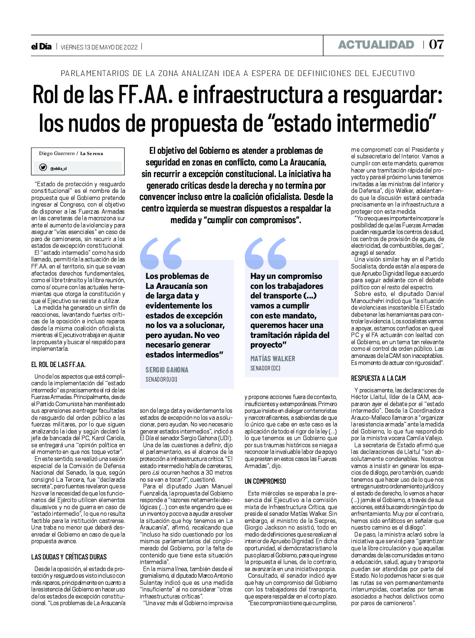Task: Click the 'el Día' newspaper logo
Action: point(41,47)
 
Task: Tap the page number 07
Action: point(436,45)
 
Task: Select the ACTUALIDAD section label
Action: point(376,45)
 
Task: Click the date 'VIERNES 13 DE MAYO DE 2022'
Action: point(99,47)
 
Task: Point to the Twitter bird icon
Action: point(43,168)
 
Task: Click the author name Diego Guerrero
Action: point(56,153)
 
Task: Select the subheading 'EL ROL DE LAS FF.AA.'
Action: point(58,365)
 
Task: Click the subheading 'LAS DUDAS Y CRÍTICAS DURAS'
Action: point(69,557)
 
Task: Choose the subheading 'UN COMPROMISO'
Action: point(265,481)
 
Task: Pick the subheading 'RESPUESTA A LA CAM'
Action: point(378,378)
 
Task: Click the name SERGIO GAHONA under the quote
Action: point(167,369)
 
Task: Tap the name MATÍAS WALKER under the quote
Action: point(272,358)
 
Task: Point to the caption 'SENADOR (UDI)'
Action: point(161,379)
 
